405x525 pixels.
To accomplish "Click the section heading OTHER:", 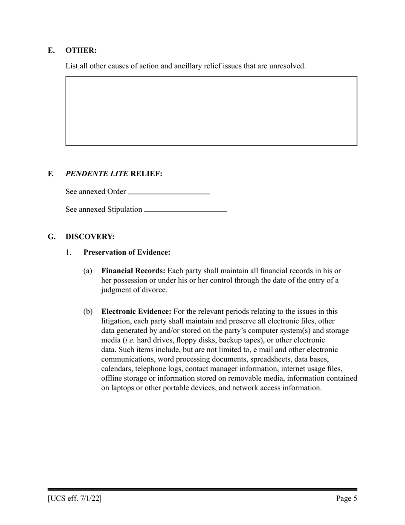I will tap(81, 50).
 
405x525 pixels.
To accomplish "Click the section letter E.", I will tap(51, 50).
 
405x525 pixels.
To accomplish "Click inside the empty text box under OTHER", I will tap(211, 111).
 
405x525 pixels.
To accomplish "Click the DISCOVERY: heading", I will tap(90, 236).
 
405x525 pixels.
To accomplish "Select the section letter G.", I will tap(52, 236).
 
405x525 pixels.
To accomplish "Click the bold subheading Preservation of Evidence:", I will tap(127, 252).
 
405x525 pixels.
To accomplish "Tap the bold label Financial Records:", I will tap(133, 271).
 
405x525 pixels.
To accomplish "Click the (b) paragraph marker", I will tap(88, 311).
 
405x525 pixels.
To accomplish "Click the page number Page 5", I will tap(346, 498).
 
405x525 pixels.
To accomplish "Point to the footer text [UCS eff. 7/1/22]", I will tap(75, 498).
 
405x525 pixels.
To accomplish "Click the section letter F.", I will tap(51, 174).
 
